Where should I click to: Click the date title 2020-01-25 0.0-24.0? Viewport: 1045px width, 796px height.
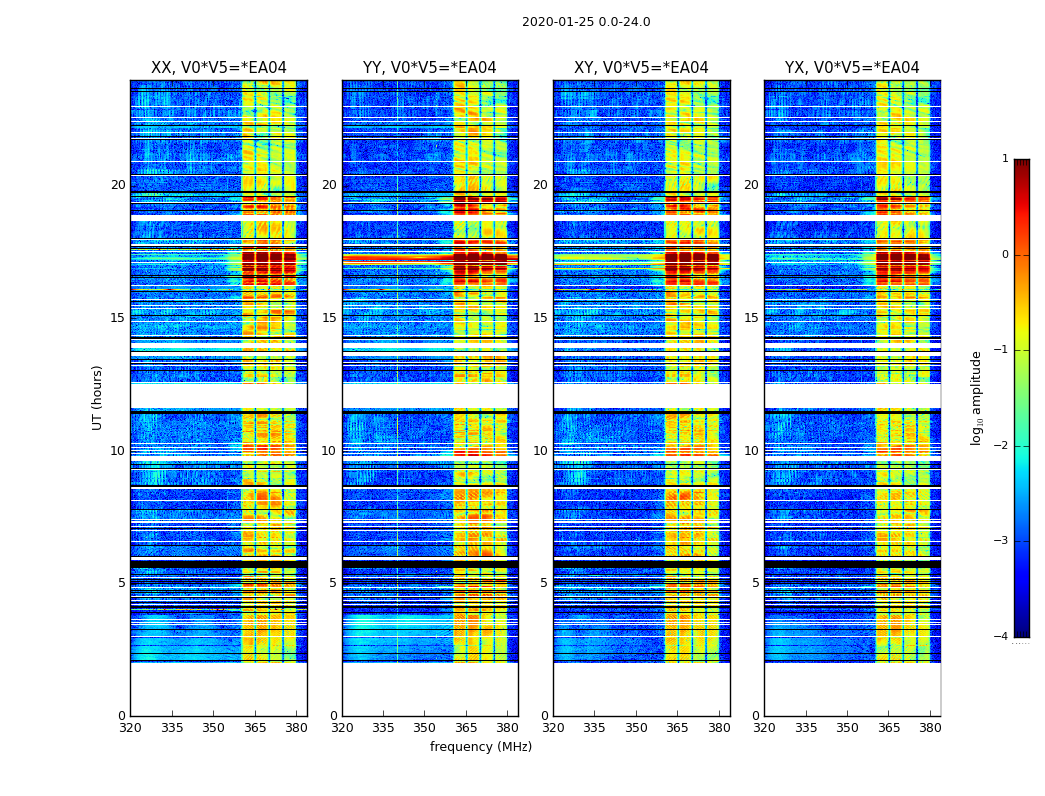(586, 22)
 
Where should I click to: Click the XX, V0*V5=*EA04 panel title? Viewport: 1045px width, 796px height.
(219, 68)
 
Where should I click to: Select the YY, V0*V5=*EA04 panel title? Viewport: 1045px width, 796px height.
(430, 68)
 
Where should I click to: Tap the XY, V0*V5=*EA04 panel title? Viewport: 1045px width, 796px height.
(641, 68)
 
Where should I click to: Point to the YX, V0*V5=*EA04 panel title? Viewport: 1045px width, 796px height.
(852, 68)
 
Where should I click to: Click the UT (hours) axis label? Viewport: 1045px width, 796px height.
(98, 397)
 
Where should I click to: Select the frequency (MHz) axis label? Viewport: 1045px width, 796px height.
(481, 747)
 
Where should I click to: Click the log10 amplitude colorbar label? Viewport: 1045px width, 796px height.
(977, 397)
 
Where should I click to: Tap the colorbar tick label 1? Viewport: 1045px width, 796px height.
(1004, 159)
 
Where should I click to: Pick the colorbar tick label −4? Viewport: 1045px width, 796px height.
(1001, 637)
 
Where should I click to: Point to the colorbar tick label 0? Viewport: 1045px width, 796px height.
(1004, 255)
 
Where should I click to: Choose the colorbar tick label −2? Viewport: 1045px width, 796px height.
(1001, 446)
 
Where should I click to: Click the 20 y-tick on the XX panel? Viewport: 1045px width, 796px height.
(118, 185)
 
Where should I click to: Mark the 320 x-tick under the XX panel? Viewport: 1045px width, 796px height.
(131, 729)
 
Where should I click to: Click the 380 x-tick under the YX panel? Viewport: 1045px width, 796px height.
(930, 729)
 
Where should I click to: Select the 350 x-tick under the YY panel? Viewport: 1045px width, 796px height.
(425, 729)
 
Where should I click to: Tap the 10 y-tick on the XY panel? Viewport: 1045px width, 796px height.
(540, 451)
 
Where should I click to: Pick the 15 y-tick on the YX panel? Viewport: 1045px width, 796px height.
(751, 318)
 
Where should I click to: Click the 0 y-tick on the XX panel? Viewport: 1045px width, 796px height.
(122, 716)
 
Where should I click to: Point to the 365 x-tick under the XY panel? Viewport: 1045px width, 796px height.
(677, 729)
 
